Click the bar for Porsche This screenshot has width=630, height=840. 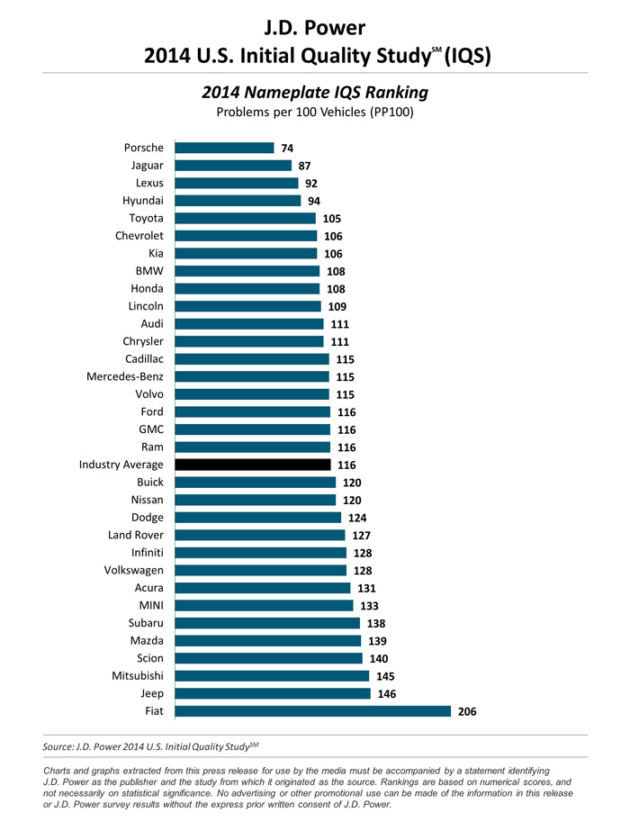224,148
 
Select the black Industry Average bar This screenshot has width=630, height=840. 254,465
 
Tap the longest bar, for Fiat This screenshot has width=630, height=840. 312,711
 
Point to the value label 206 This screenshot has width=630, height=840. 468,712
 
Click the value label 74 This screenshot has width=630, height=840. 288,149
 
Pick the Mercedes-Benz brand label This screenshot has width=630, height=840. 124,376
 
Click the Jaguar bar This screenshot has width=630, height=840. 233,166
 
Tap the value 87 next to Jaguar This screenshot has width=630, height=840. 306,167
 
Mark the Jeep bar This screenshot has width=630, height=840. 273,693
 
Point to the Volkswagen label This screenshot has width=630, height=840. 133,570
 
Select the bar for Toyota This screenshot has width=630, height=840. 245,218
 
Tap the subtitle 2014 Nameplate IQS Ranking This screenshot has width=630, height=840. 315,93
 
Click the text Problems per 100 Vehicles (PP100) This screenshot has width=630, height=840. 315,113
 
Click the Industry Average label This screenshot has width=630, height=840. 121,465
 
